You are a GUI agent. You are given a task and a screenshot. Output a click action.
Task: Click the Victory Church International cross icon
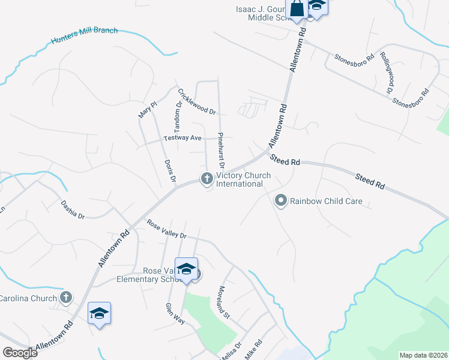(206, 178)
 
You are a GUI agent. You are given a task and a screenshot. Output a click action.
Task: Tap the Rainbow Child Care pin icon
(280, 201)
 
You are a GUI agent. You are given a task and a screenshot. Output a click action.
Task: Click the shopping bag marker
(297, 9)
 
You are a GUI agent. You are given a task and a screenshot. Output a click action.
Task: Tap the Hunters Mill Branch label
(84, 36)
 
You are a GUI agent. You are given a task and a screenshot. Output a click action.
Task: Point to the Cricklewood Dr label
(197, 101)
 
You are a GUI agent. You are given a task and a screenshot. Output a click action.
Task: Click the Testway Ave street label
(183, 139)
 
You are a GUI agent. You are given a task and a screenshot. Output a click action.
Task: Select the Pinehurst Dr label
(220, 150)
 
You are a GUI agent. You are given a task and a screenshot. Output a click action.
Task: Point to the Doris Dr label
(170, 171)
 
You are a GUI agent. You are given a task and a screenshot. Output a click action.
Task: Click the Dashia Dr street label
(73, 208)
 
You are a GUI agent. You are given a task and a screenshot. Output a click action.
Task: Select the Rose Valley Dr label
(167, 228)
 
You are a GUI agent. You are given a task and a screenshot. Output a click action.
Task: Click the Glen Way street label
(173, 314)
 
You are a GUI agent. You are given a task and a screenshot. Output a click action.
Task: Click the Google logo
(20, 352)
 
